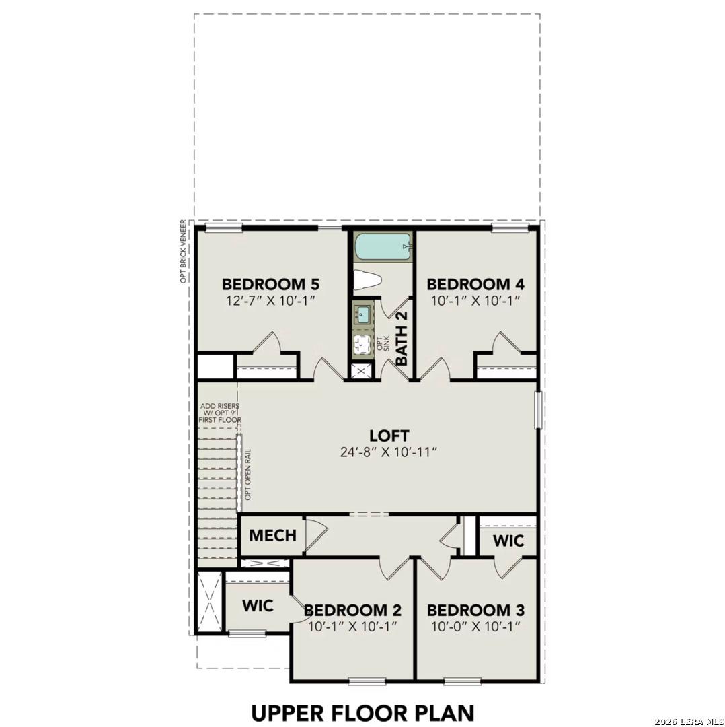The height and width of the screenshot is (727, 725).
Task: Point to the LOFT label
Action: [x=389, y=436]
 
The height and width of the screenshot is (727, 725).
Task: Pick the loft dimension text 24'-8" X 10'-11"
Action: [x=389, y=452]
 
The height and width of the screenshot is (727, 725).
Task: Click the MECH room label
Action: [x=272, y=536]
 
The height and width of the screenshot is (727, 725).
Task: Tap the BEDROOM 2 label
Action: [x=353, y=611]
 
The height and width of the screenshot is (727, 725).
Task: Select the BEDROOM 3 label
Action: [x=475, y=611]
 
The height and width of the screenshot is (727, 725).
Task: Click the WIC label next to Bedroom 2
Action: [x=258, y=606]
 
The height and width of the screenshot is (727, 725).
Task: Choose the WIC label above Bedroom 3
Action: [x=509, y=541]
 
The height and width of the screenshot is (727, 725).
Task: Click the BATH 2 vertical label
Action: [x=402, y=339]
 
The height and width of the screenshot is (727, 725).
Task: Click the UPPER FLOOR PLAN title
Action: [x=362, y=712]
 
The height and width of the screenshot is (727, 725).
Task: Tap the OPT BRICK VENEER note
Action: [x=183, y=251]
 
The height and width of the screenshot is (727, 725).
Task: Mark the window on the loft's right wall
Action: [x=537, y=411]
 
